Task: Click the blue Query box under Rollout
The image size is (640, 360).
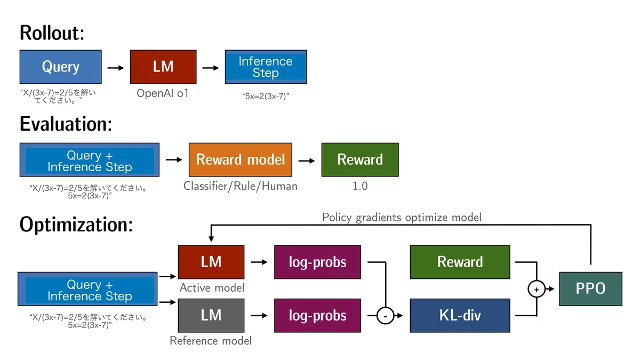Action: coord(61,67)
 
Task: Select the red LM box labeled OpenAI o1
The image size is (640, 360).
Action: coord(163,67)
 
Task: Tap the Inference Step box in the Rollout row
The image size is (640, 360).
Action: coord(266,67)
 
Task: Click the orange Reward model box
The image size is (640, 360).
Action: coord(241,159)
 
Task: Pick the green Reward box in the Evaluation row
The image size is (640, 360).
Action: coord(360,159)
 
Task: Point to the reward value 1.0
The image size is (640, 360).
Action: coord(360,186)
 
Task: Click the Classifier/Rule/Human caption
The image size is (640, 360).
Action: coord(241,186)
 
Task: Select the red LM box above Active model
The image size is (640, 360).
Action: coord(211,262)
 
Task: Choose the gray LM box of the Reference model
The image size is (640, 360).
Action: coord(211,315)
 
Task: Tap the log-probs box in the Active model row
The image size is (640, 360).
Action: coord(317,262)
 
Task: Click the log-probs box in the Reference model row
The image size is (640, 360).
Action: coord(317,315)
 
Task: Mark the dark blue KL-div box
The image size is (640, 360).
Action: coord(460,315)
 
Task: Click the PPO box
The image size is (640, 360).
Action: coord(590,289)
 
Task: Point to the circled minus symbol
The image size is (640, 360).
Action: coord(386,316)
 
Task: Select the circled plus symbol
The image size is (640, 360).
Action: coord(537,289)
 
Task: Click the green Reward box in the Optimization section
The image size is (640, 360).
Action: coord(460,262)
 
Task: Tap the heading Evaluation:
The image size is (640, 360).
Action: coord(66,124)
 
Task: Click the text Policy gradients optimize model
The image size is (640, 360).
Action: coord(402,218)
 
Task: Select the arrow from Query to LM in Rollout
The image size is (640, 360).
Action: coord(116,68)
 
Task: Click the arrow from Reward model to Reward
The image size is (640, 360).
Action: coord(307,161)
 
